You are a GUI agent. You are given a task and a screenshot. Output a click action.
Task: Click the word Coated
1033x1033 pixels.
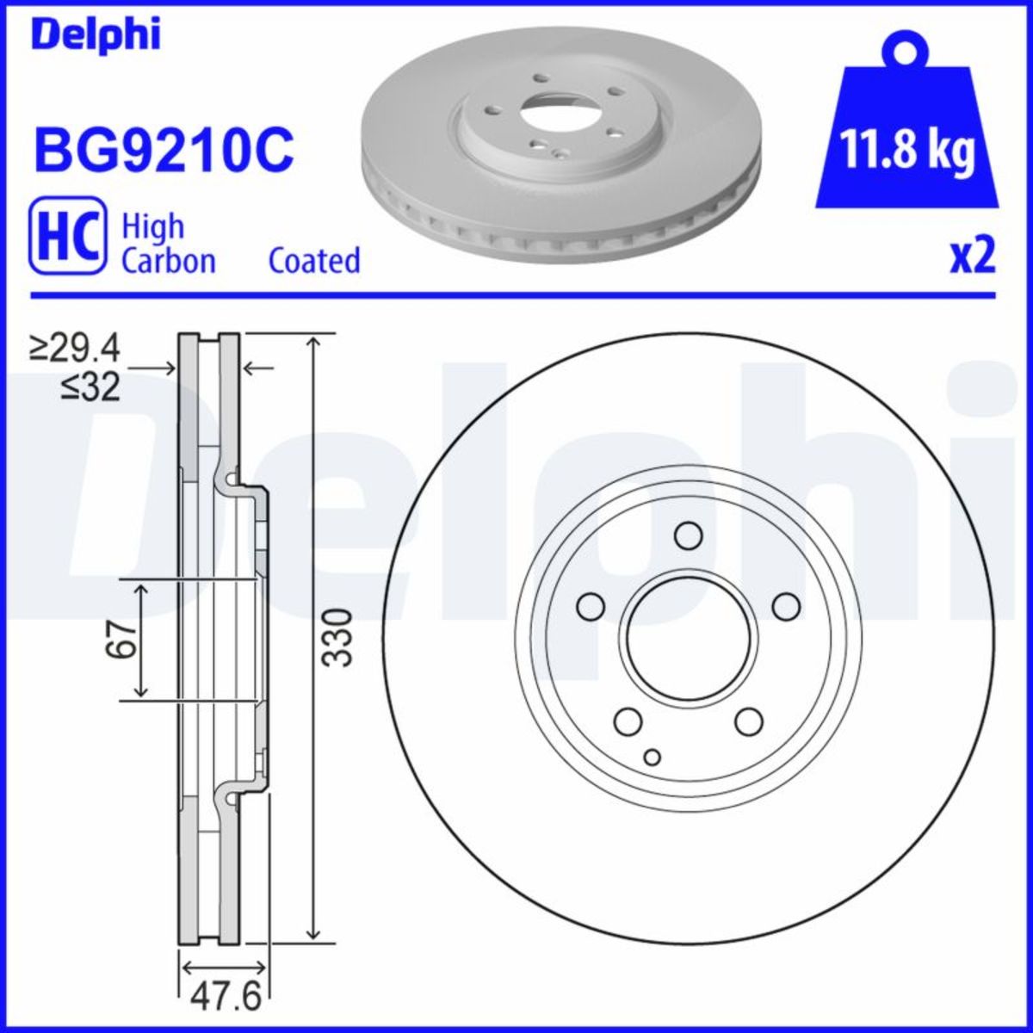[x=314, y=260]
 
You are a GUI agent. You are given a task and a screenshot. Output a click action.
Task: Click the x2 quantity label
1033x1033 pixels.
[x=973, y=257]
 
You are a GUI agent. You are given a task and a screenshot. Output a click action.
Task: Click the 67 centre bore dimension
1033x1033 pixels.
[x=123, y=639]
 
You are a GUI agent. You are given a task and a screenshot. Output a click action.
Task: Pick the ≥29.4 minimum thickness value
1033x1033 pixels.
[x=76, y=349]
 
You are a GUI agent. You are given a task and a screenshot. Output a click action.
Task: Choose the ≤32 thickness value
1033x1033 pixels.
[x=90, y=389]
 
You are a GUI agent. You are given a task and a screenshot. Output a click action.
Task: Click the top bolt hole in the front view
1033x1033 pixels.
[x=688, y=536]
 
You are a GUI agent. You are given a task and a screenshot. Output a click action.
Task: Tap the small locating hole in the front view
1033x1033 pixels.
[x=653, y=757]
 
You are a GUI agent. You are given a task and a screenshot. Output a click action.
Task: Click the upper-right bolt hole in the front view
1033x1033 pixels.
[x=786, y=606]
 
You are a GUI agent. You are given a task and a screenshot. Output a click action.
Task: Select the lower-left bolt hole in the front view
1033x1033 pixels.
[x=628, y=721]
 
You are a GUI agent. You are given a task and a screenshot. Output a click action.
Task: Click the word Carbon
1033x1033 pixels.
[x=169, y=260]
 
